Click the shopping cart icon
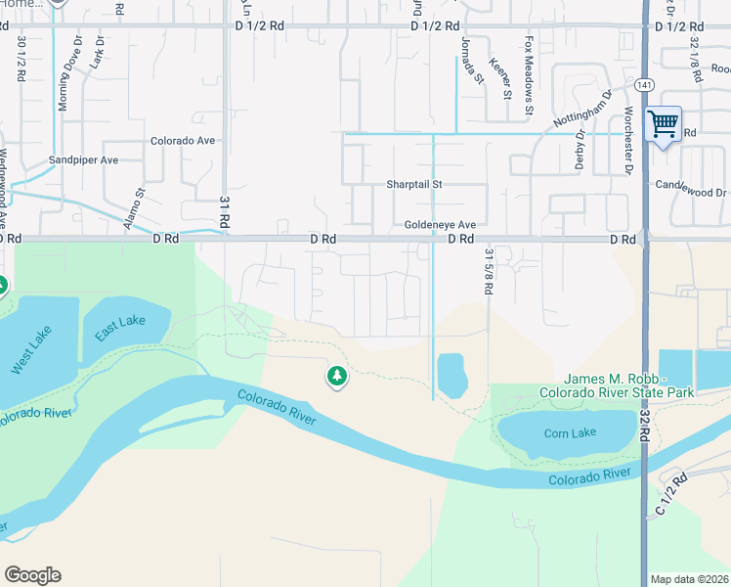click(664, 125)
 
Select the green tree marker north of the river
click(336, 376)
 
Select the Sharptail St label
click(414, 184)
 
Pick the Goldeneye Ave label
click(440, 224)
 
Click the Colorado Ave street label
click(182, 141)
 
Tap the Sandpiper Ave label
click(83, 160)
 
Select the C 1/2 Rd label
click(671, 492)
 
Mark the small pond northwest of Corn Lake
click(451, 375)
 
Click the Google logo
click(32, 575)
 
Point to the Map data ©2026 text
click(689, 579)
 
